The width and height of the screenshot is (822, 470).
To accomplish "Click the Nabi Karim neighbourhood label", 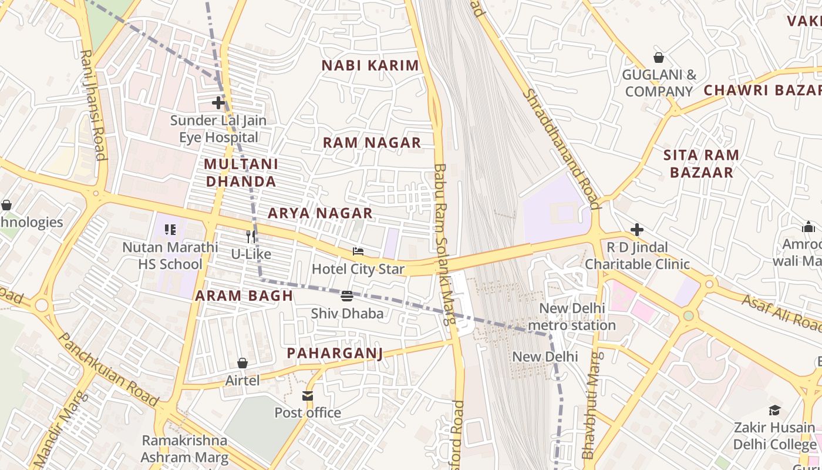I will (x=370, y=65).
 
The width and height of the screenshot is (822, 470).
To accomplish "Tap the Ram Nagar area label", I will (x=372, y=142).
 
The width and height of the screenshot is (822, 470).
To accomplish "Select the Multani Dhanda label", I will (x=241, y=172).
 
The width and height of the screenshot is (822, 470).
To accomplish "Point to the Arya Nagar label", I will (x=320, y=213).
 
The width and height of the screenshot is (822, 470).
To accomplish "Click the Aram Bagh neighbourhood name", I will (x=244, y=296).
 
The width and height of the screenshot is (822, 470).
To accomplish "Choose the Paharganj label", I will (x=335, y=352).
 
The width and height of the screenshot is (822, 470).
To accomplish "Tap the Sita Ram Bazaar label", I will (x=701, y=163).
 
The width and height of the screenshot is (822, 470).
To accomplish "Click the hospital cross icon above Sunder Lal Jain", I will (x=218, y=103).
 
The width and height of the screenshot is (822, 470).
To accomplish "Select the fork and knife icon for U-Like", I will (x=251, y=236).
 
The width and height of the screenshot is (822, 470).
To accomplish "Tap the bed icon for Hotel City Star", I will (x=358, y=251).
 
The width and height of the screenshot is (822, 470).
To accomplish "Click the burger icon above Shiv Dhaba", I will (x=347, y=296).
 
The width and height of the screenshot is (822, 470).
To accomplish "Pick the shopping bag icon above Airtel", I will (x=242, y=363).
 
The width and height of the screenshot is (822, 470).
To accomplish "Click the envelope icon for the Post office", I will (x=308, y=395).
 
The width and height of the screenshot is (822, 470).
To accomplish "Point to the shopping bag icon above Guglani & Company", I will (x=659, y=58).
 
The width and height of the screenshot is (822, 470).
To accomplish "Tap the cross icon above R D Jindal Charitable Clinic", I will (x=637, y=229).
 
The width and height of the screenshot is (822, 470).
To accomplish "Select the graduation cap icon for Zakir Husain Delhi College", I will (x=774, y=410).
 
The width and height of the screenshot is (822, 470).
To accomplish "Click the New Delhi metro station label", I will (x=577, y=317).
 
